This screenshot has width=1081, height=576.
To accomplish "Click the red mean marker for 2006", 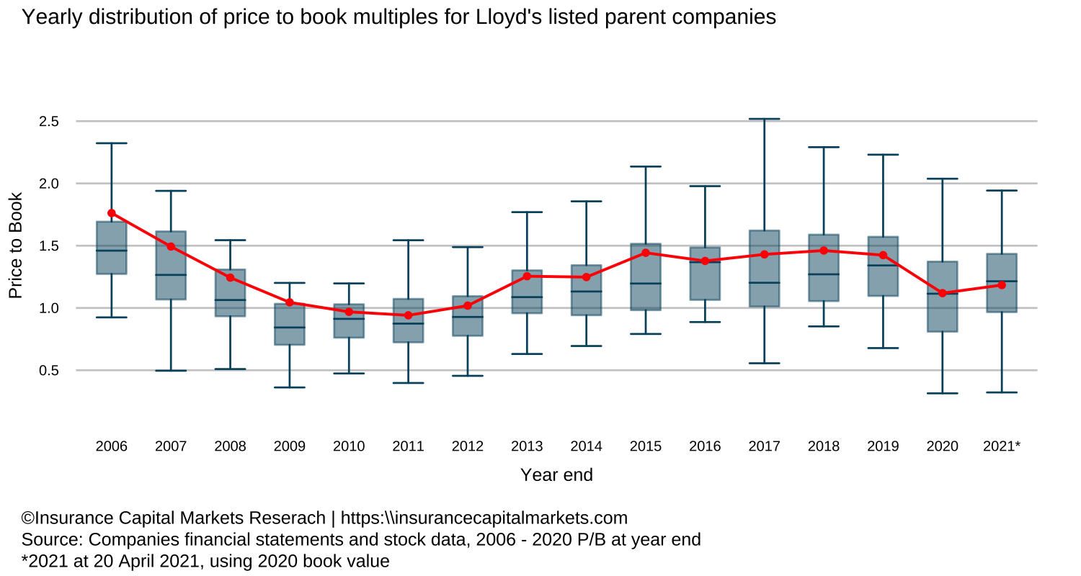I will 112,213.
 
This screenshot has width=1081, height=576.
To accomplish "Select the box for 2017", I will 764,269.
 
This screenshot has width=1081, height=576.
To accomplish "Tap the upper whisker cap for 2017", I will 764,119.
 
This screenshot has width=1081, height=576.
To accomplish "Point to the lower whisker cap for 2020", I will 942,393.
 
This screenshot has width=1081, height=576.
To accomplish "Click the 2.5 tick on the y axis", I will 48,122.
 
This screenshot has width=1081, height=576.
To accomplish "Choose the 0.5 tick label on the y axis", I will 48,371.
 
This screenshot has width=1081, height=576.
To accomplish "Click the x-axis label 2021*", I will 1001,446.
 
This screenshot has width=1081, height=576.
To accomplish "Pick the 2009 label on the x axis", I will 289,446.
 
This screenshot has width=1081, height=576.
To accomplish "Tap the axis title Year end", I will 556,475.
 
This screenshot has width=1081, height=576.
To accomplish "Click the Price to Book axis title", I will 16,246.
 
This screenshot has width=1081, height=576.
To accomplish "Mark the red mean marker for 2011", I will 408,315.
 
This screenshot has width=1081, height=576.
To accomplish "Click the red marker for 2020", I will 942,293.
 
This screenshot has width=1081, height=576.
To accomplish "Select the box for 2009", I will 289,324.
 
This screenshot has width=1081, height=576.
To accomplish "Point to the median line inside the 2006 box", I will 112,251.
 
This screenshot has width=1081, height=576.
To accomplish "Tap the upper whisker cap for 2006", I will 112,143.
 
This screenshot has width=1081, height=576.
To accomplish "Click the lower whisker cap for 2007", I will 171,371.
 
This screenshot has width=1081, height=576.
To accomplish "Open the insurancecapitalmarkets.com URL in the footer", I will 484,518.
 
